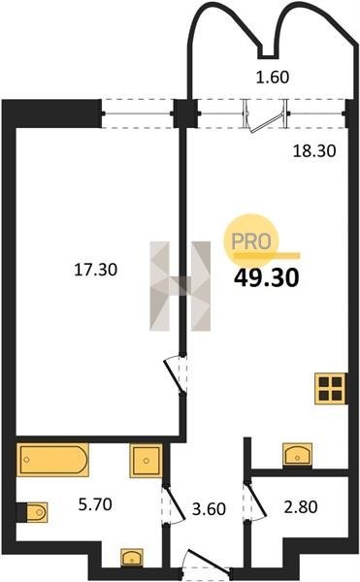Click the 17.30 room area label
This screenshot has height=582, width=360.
(96, 270)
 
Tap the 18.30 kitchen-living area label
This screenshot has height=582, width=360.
(314, 151)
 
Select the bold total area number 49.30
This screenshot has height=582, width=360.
(266, 278)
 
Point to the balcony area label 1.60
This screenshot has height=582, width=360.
(273, 78)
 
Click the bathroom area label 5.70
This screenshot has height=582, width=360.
(95, 504)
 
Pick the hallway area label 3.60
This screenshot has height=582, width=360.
(209, 509)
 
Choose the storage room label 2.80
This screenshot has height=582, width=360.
(301, 506)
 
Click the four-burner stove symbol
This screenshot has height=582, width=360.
(331, 388)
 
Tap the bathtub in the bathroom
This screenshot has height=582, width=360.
(52, 460)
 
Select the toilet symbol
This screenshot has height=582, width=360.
(32, 512)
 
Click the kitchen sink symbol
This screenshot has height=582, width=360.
(297, 454)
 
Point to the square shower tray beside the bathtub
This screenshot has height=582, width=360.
(146, 461)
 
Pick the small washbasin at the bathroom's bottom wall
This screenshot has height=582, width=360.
(132, 558)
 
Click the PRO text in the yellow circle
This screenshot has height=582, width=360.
(251, 242)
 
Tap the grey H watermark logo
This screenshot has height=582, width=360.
(180, 286)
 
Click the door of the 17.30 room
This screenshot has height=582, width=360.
(176, 374)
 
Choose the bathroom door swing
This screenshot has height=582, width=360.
(174, 503)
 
